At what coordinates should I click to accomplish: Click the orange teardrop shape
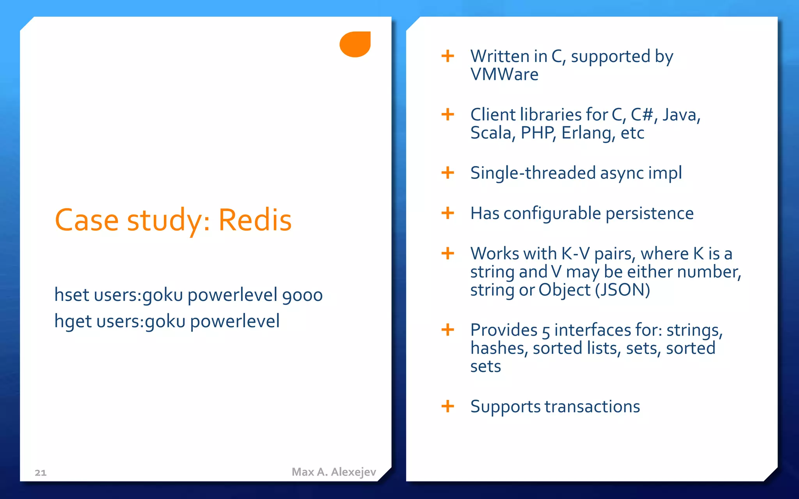355,44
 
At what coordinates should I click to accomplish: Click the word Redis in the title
255,220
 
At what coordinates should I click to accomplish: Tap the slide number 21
41,473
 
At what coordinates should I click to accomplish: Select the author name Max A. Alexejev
334,472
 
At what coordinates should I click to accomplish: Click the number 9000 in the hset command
302,296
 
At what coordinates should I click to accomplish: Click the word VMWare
504,74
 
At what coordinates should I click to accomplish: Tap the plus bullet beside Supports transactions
447,406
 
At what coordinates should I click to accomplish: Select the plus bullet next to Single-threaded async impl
447,173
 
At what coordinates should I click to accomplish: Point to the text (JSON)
623,290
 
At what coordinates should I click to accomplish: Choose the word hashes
499,348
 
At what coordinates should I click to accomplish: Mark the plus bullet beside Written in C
447,56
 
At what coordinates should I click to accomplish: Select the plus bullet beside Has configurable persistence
447,213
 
